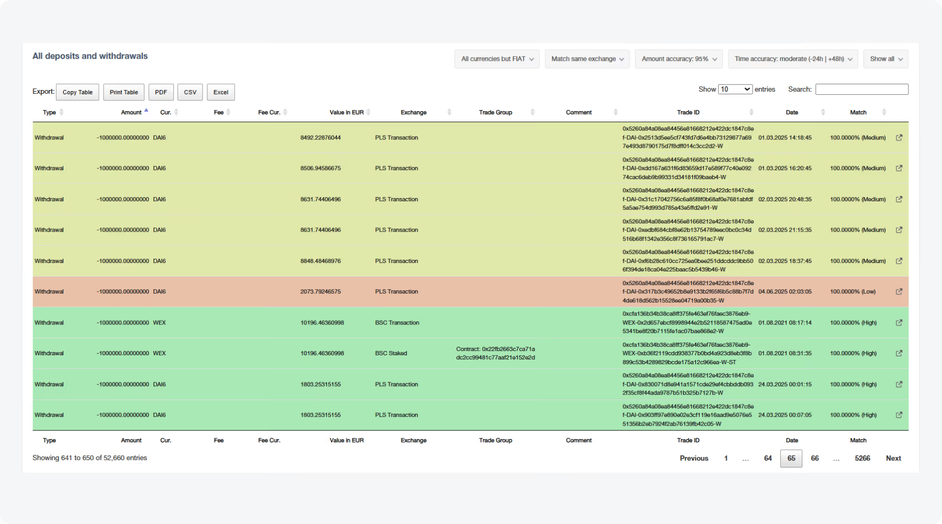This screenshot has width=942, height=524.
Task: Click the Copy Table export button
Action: click(77, 92)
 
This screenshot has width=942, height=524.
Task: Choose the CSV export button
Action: click(190, 92)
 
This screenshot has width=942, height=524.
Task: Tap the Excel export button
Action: click(221, 92)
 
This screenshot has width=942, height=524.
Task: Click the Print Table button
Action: click(124, 92)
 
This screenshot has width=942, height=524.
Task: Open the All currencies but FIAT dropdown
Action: click(497, 59)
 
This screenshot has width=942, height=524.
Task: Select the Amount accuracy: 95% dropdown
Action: click(679, 59)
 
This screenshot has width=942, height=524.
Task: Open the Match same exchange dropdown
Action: click(587, 59)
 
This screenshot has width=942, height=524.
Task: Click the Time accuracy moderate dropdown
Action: click(792, 59)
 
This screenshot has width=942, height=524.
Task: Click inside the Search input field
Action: click(861, 90)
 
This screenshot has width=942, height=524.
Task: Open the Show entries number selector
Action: click(735, 90)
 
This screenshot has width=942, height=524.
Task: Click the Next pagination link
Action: click(893, 458)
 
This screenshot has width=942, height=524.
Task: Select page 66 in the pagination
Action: click(815, 458)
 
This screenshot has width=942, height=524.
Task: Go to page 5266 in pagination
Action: click(862, 458)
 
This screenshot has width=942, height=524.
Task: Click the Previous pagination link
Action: click(694, 458)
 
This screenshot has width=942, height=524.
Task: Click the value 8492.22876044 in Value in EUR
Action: click(320, 138)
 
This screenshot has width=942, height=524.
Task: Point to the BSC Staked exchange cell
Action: click(391, 354)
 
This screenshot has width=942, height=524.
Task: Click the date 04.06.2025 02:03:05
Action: click(785, 292)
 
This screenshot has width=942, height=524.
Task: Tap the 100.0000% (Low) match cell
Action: click(853, 292)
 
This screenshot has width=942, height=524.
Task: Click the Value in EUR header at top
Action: click(346, 113)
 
